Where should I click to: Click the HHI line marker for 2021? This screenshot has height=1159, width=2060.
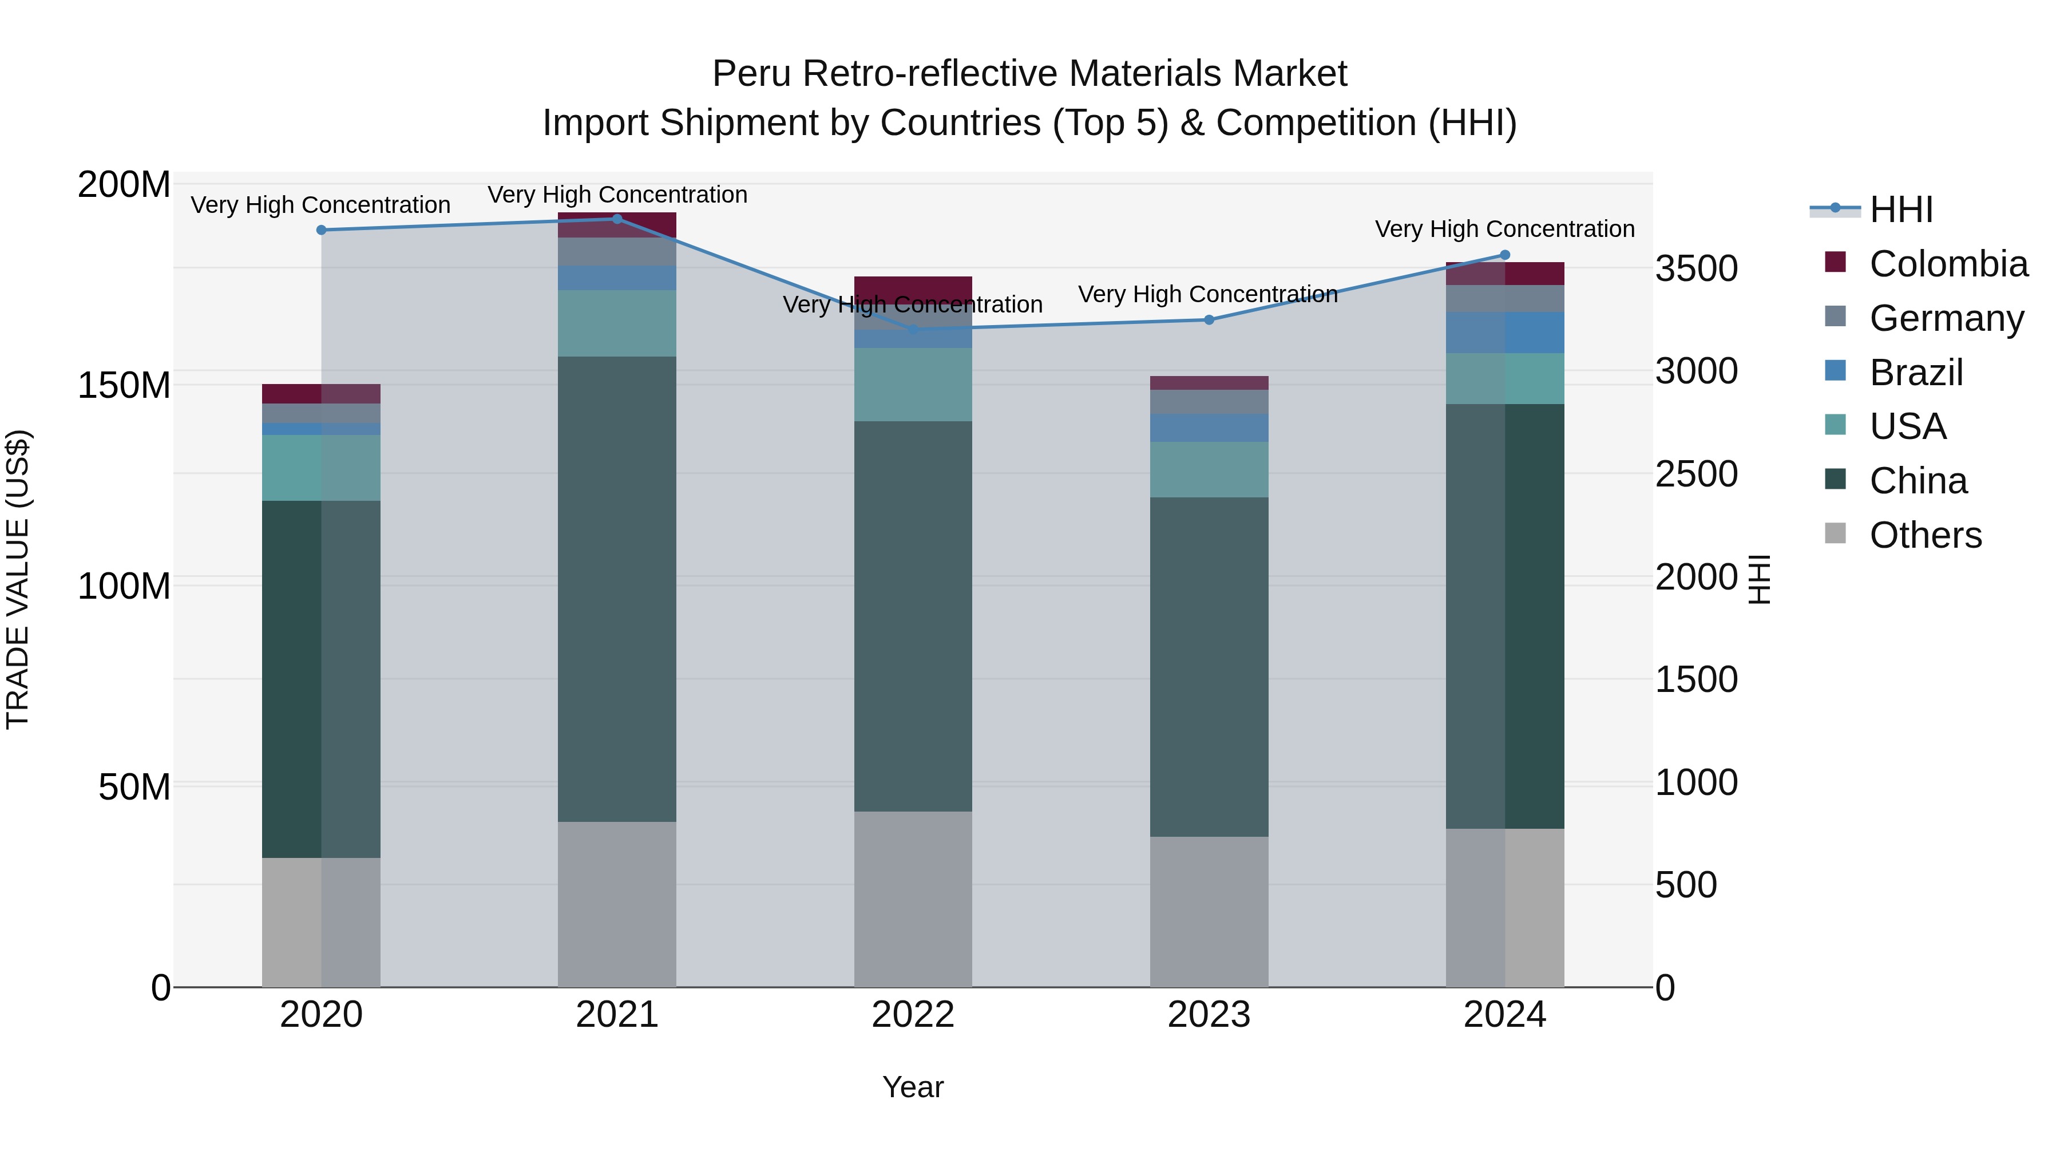pyautogui.click(x=616, y=219)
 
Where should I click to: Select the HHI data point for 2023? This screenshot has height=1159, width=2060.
pyautogui.click(x=1209, y=320)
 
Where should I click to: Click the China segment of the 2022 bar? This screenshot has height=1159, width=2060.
pyautogui.click(x=913, y=616)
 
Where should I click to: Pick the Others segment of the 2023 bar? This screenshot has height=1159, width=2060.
pyautogui.click(x=1209, y=912)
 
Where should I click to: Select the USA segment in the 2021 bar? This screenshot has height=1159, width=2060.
pyautogui.click(x=616, y=323)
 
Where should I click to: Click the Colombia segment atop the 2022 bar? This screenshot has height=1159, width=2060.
pyautogui.click(x=913, y=288)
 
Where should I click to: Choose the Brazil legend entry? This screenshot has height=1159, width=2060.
pyautogui.click(x=1916, y=373)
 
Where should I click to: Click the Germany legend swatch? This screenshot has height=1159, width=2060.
pyautogui.click(x=1835, y=316)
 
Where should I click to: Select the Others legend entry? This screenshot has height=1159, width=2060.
pyautogui.click(x=1925, y=535)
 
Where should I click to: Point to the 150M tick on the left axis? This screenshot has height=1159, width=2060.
pyautogui.click(x=124, y=386)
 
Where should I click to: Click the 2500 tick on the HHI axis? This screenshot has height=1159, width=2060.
pyautogui.click(x=1696, y=474)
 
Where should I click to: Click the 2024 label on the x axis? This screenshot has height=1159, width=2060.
pyautogui.click(x=1504, y=1015)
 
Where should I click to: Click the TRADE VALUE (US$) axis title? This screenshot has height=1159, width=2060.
pyautogui.click(x=18, y=579)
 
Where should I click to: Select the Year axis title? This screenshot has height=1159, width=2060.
pyautogui.click(x=913, y=1087)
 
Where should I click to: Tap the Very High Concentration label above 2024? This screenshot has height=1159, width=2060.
pyautogui.click(x=1504, y=229)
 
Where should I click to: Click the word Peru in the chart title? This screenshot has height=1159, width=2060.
pyautogui.click(x=753, y=74)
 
